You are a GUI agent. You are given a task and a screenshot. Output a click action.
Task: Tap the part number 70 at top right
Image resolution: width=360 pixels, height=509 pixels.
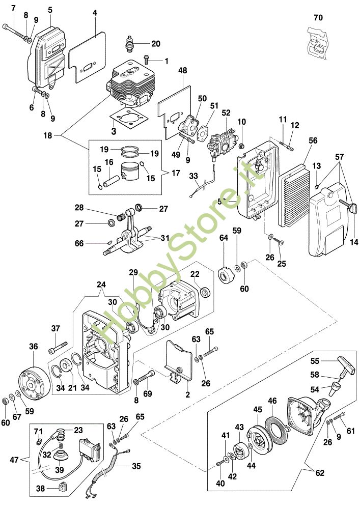pyautogui.click(x=318, y=17)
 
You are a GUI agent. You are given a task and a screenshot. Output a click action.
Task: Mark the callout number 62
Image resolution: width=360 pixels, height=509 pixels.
pyautogui.click(x=320, y=473)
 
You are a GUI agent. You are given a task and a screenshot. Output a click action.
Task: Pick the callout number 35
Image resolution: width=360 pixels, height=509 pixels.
pyautogui.click(x=135, y=465)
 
